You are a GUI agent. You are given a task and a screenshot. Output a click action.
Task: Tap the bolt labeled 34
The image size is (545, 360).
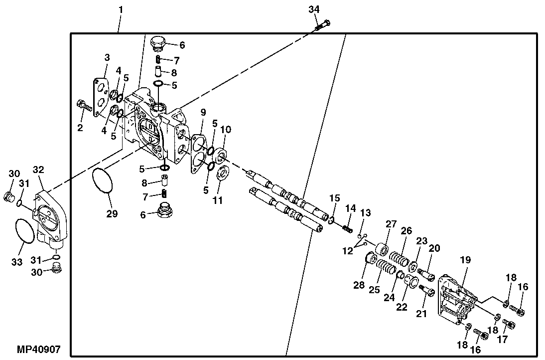click(323, 24)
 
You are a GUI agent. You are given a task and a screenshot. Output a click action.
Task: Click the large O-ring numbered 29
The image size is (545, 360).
click(103, 180)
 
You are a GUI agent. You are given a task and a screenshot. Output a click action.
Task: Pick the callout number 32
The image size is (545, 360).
click(39, 170)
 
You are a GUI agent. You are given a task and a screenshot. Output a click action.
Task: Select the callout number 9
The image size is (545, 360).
click(203, 112)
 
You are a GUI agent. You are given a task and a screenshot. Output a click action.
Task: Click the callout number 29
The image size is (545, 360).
click(112, 214)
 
